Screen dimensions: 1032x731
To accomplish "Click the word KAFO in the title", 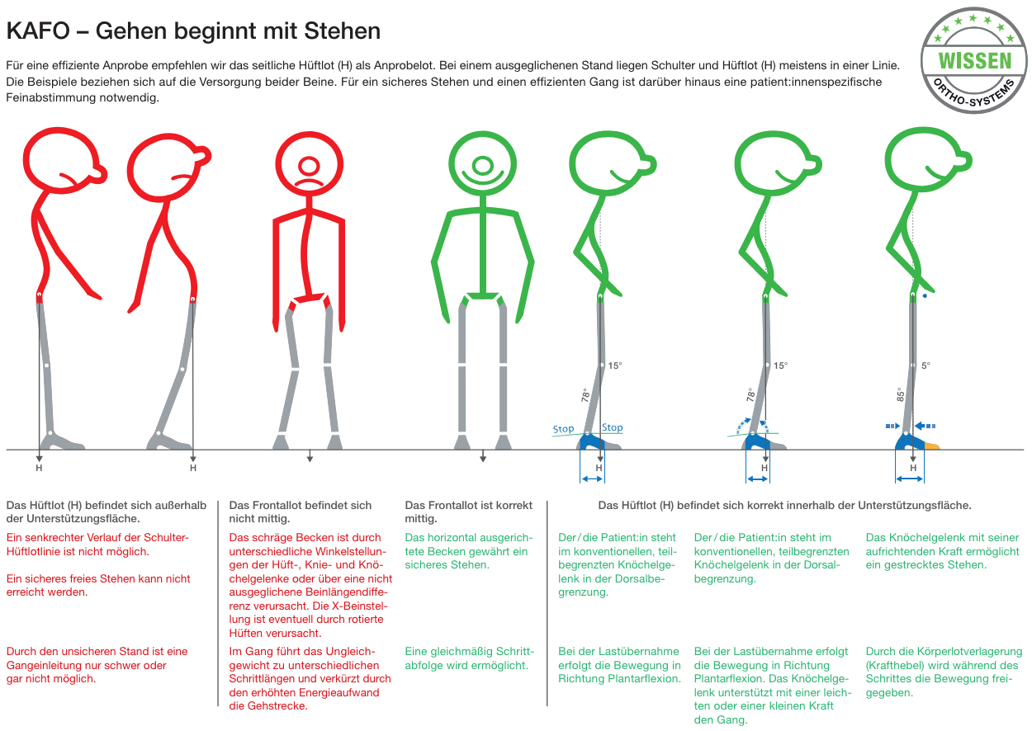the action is point(38,31).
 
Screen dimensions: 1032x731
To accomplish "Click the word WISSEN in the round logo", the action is point(975,61).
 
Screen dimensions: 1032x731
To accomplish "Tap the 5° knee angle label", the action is point(925,365).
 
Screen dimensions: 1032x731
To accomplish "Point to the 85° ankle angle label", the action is point(900,394).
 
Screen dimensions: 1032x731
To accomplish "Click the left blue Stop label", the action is point(563,429).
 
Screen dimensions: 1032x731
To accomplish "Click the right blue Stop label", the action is point(613,427).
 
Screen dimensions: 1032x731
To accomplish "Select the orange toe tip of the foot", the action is point(932,446).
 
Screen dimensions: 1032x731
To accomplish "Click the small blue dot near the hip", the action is point(925,296).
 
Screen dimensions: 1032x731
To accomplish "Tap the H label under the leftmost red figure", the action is point(39,468).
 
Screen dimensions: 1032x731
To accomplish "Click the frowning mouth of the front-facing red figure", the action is point(309,182).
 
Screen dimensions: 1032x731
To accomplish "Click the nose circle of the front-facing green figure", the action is point(482,165).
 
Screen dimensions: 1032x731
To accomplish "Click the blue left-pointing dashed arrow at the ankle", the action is point(925,426).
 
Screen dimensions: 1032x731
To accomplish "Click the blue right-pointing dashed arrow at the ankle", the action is point(892,426).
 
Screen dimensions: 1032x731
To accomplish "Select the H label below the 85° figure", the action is point(913,468).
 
